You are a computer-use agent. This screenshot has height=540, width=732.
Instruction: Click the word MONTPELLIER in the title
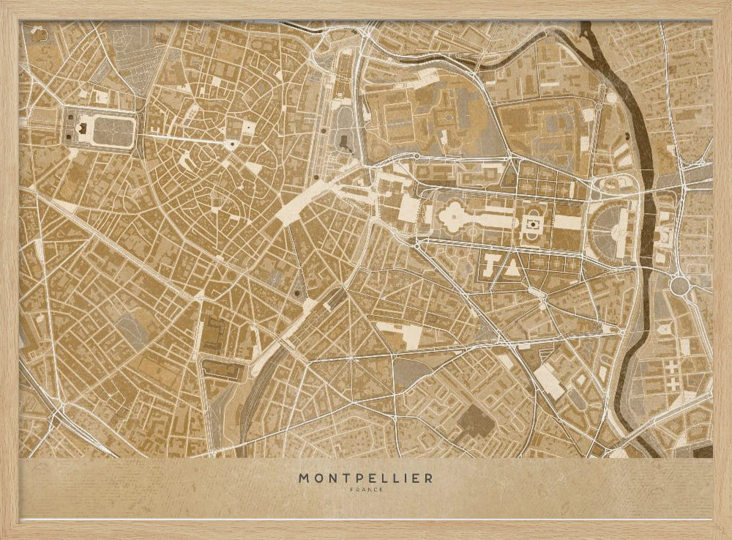point(365,478)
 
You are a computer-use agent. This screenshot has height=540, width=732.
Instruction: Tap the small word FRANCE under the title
point(365,490)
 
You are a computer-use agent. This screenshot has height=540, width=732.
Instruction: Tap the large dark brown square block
point(477,421)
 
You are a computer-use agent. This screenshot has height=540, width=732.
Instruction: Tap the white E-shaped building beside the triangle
point(490,263)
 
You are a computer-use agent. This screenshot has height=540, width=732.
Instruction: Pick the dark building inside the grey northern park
point(344,139)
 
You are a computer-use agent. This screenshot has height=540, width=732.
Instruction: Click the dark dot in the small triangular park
point(296,292)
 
